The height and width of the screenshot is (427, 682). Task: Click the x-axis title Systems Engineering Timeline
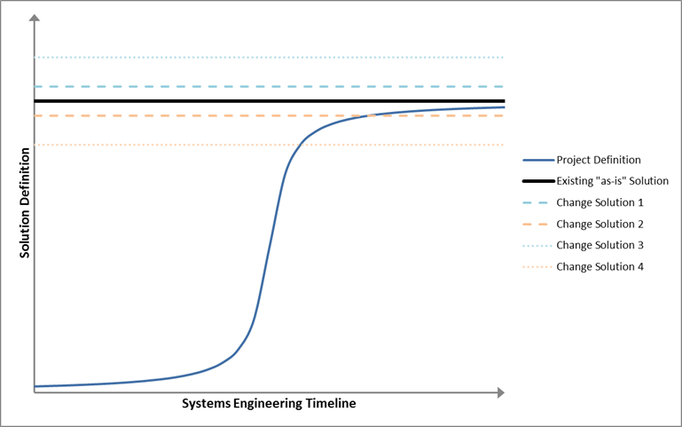pos(269,404)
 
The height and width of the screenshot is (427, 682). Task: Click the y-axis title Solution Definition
pos(24,202)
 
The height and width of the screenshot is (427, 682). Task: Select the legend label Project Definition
pos(599,160)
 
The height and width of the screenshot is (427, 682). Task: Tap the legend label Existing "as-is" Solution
pos(613,181)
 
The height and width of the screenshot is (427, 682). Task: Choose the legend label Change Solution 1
pos(600,202)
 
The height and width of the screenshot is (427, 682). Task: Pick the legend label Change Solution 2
pos(600,225)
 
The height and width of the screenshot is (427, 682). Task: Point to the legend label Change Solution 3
pos(600,246)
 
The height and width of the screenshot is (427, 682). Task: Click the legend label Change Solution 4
pos(600,267)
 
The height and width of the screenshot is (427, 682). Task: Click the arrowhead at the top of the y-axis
pos(35,18)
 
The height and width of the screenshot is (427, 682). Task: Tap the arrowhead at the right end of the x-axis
pos(500,392)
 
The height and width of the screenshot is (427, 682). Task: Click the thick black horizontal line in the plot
pos(270,101)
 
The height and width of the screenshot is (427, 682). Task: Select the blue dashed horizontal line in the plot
pos(269,87)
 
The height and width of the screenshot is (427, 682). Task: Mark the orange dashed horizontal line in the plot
pos(269,115)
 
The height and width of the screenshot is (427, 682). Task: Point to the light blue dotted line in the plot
pos(269,58)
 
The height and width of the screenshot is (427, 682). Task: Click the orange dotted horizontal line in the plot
pos(269,145)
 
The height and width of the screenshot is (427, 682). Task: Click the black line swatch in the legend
pos(538,181)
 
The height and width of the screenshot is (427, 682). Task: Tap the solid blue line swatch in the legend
pos(538,160)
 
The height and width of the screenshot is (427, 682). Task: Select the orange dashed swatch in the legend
pos(536,225)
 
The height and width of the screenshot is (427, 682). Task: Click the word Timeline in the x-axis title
pos(331,404)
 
